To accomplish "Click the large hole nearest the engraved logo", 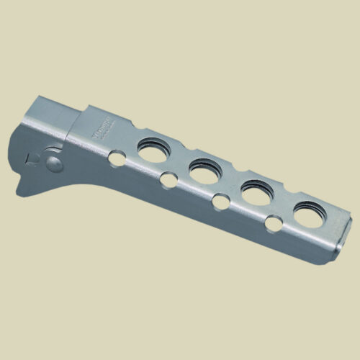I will [x=154, y=150].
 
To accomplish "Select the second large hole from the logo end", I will [x=206, y=171].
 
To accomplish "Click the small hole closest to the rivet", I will [x=115, y=158].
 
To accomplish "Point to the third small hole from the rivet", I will [x=220, y=202].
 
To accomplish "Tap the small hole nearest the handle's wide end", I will [x=274, y=224].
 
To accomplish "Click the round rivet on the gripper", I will [x=54, y=163].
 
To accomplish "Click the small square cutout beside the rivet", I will [x=31, y=159].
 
